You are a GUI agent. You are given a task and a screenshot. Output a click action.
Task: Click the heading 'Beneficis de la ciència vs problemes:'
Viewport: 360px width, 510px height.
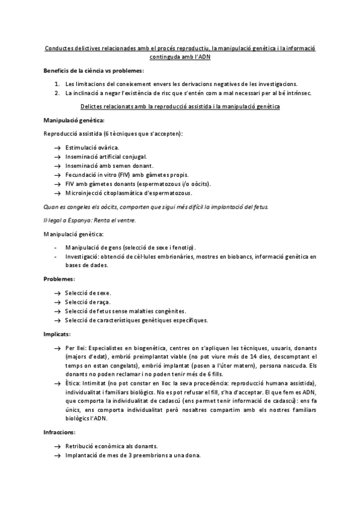pyautogui.click(x=94, y=71)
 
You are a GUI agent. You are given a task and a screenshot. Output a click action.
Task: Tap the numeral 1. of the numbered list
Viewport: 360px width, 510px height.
pyautogui.click(x=56, y=84)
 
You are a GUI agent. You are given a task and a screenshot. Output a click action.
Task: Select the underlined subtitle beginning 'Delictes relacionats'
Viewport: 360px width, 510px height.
pyautogui.click(x=180, y=106)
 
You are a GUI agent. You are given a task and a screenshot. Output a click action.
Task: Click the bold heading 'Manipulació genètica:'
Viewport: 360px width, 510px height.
pyautogui.click(x=70, y=120)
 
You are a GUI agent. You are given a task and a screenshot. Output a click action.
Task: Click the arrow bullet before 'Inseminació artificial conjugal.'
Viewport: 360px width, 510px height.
pyautogui.click(x=56, y=156)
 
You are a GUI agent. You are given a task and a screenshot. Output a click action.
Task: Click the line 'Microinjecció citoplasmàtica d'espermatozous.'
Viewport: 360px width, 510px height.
pyautogui.click(x=129, y=193)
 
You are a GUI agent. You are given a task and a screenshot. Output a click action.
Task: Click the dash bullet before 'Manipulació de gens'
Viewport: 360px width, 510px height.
pyautogui.click(x=56, y=248)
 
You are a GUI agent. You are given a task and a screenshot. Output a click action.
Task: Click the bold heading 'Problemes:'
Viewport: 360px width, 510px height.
pyautogui.click(x=59, y=280)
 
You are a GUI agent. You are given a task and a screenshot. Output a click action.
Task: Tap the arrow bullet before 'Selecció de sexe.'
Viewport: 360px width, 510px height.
pyautogui.click(x=56, y=293)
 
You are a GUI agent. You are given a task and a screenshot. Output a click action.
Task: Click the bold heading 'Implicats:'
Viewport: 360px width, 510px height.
pyautogui.click(x=58, y=334)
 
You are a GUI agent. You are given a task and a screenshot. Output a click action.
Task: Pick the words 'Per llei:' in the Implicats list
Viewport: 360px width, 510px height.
pyautogui.click(x=76, y=348)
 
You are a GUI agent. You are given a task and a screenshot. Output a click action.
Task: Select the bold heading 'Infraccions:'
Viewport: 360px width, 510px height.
pyautogui.click(x=60, y=432)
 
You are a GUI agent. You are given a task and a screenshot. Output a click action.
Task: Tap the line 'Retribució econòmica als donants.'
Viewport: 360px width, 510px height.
pyautogui.click(x=111, y=446)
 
